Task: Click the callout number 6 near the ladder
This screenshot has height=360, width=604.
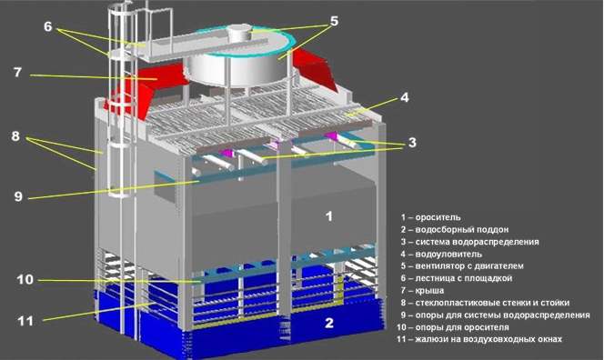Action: [48, 26]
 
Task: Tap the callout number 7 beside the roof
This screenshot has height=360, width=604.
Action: [17, 72]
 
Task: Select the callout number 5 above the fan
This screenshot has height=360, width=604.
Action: [335, 21]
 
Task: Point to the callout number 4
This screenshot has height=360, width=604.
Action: [405, 97]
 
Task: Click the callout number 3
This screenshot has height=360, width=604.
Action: [412, 143]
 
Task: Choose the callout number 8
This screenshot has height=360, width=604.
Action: [15, 136]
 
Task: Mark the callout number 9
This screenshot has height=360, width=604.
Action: [18, 196]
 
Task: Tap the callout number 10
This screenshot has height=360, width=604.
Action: [25, 279]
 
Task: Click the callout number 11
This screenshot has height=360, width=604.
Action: [25, 320]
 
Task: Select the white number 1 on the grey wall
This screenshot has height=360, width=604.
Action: [328, 216]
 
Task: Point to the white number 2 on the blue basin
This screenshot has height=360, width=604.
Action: [329, 323]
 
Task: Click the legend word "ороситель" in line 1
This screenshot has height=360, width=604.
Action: [438, 217]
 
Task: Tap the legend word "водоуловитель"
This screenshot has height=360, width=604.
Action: [448, 255]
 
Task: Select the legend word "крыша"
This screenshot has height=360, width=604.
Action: [429, 291]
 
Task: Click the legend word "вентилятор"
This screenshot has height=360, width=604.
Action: [441, 266]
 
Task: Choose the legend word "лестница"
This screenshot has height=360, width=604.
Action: [436, 278]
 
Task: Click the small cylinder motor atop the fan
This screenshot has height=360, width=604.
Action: [240, 34]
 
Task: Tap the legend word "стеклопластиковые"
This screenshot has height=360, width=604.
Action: [456, 303]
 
